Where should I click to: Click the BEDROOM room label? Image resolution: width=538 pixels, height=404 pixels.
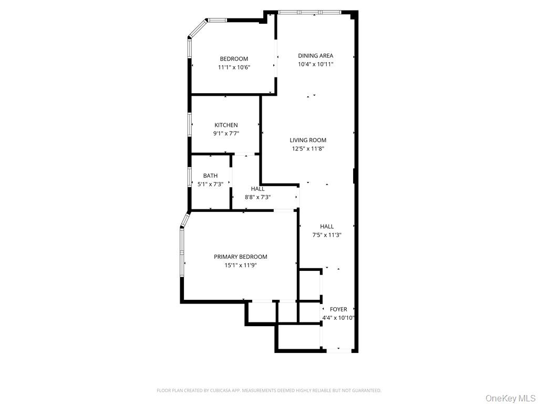point(234,59)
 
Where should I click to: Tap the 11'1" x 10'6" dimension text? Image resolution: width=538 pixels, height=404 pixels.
point(234,67)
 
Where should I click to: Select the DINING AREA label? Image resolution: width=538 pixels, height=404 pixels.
point(315,56)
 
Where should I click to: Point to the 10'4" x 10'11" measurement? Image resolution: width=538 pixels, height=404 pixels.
point(315,64)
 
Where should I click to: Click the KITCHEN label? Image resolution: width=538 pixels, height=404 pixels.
point(226,125)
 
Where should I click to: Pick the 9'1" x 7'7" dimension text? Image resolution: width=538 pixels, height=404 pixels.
point(226,134)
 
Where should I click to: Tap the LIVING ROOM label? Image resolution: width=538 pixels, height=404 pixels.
point(308,140)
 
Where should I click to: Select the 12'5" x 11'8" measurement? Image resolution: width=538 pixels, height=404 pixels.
point(308,148)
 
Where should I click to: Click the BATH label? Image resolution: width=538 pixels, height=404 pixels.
point(210,176)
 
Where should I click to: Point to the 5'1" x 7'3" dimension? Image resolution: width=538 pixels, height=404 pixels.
point(210,184)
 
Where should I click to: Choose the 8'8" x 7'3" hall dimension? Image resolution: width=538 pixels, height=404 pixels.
point(257,197)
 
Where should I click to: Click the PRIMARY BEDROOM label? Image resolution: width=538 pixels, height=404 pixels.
point(240,257)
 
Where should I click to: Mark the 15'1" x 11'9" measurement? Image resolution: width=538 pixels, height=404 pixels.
point(240,265)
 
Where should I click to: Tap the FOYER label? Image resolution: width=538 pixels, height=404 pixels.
point(338,309)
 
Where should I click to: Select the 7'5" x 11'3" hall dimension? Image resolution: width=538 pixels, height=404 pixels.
point(327,235)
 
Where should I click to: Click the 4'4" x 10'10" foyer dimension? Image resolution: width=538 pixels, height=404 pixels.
point(338,318)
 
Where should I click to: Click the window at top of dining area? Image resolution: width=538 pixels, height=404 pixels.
point(309,12)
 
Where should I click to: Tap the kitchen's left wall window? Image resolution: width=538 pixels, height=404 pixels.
point(190,125)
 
